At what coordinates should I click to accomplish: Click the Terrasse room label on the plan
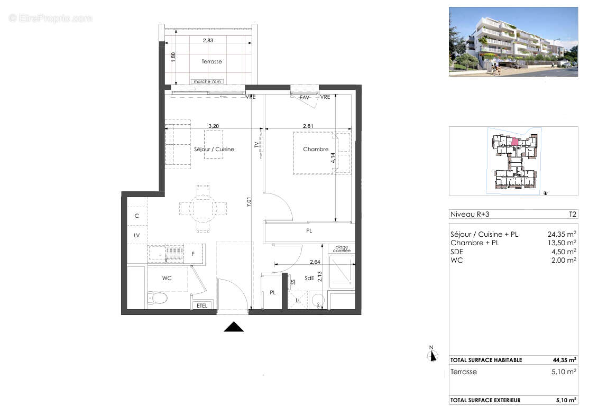click(x=211, y=62)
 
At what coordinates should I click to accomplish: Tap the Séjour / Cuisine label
click(x=214, y=150)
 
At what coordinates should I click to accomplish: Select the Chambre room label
click(x=316, y=150)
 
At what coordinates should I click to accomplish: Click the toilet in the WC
click(x=158, y=299)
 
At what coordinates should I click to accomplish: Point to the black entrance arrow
click(x=234, y=327)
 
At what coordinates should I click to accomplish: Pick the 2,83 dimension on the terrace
click(x=210, y=40)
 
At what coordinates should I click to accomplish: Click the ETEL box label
click(x=202, y=305)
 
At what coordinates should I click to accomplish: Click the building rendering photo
click(x=513, y=41)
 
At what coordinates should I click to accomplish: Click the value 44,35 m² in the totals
click(x=564, y=360)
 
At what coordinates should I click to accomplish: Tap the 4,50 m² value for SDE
click(x=564, y=252)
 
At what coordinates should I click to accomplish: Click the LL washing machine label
click(x=299, y=301)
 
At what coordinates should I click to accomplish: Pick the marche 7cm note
click(x=208, y=81)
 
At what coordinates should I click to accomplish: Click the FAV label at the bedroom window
click(x=305, y=97)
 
